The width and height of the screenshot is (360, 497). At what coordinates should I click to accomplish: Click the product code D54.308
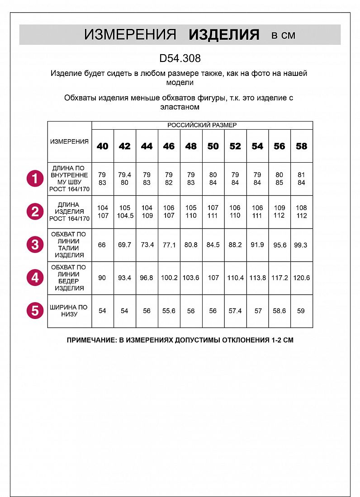tap(180, 58)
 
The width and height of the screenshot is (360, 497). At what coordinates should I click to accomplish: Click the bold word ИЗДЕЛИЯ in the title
tap(224, 35)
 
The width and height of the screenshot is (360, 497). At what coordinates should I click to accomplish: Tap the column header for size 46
tap(169, 146)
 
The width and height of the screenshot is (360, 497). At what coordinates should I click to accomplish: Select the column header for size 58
tap(301, 146)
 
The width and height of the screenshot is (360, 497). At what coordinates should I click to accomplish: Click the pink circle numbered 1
tap(35, 178)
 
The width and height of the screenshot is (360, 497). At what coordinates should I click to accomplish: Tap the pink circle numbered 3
tap(35, 244)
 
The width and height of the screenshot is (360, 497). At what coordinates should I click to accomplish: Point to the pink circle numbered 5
tap(35, 311)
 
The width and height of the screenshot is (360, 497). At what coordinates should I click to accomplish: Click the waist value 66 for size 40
tap(102, 245)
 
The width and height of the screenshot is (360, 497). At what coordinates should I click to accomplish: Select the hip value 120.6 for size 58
tap(301, 278)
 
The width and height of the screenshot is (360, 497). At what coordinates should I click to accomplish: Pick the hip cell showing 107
tap(213, 278)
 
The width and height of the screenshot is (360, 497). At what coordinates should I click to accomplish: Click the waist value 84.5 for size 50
tap(213, 245)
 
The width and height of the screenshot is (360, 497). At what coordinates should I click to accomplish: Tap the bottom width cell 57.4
tap(235, 311)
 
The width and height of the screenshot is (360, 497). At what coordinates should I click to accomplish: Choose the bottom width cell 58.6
tap(279, 311)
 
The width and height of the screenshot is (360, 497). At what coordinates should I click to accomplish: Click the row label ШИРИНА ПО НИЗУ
tap(69, 311)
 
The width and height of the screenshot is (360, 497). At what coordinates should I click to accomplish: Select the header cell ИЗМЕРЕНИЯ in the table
tap(69, 141)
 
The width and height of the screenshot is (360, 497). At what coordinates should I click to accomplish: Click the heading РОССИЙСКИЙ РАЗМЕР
tap(202, 125)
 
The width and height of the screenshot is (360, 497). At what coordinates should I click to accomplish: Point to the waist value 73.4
tap(147, 245)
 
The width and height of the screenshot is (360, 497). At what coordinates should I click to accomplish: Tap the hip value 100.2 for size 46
tap(169, 278)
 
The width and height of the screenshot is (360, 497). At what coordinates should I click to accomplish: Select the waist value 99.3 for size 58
tap(301, 245)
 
